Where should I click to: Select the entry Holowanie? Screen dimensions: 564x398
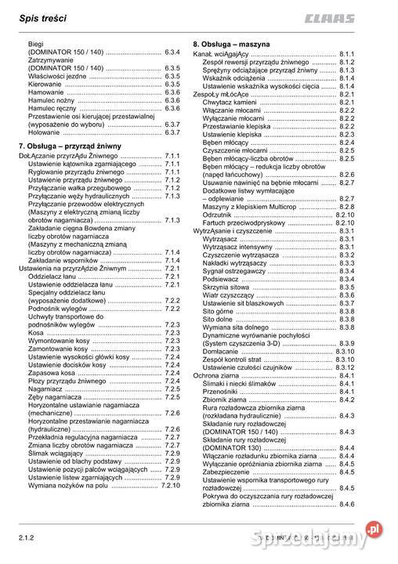(45, 133)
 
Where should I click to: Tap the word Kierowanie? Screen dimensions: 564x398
(47, 84)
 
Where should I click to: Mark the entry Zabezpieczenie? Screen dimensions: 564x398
(228, 472)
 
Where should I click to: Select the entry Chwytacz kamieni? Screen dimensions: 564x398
(230, 101)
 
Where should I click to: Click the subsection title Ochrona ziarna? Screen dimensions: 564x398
(220, 376)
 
